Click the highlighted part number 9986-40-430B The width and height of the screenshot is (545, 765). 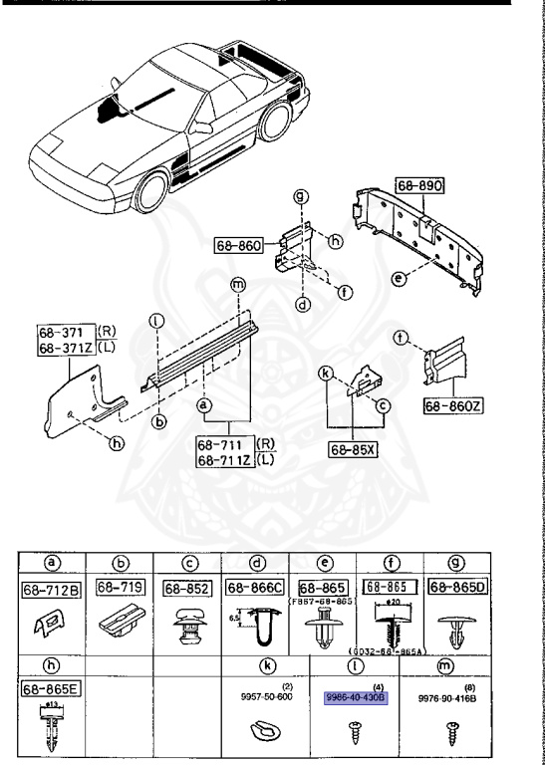tap(354, 697)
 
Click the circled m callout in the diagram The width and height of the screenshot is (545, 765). tap(235, 285)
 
